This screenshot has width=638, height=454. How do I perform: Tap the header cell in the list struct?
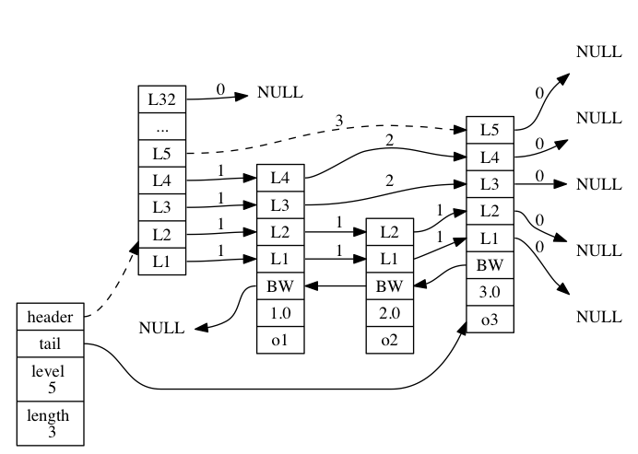50,317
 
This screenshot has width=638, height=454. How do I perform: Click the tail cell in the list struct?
50,344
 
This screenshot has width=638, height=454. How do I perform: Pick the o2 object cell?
389,339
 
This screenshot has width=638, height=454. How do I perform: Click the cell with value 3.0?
490,292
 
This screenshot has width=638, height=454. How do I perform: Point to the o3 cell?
490,319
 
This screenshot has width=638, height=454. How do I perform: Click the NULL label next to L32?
279,92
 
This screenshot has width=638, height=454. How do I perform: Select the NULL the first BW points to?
161,328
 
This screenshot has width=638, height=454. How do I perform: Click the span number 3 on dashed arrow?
339,121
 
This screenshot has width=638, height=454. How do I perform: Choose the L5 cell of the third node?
490,130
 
